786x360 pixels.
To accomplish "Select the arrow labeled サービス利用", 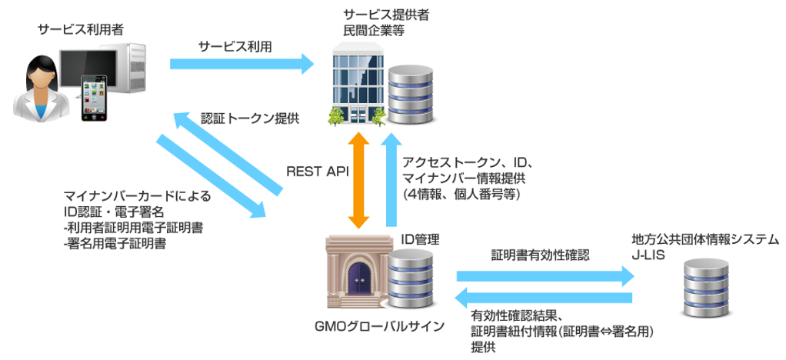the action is (242, 64).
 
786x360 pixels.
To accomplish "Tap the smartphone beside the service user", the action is (95, 97).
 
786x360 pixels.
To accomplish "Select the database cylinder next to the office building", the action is (411, 96).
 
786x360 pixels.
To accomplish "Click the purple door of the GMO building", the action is (355, 282).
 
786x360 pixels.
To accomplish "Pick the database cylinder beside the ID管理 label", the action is (411, 278).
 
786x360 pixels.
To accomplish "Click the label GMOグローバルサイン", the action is (379, 326).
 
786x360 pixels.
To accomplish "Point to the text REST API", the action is (318, 172).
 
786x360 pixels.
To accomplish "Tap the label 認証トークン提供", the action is (250, 119).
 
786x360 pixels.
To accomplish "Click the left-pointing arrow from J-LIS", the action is (544, 298).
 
